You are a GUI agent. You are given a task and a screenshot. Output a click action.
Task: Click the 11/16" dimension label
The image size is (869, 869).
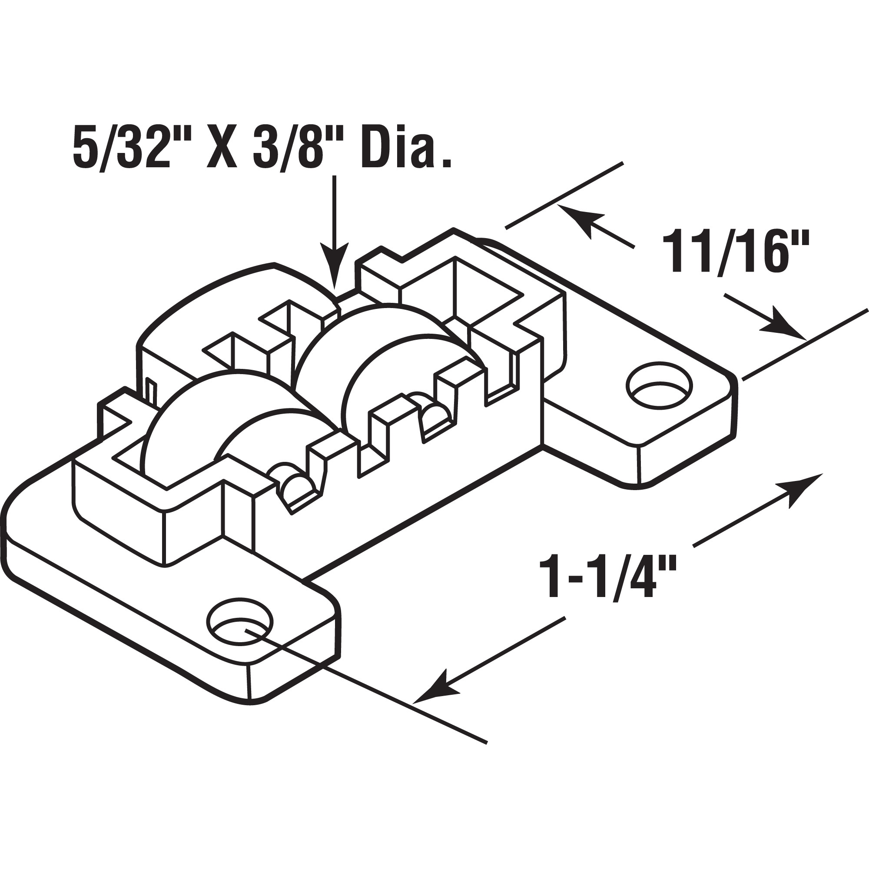click(735, 252)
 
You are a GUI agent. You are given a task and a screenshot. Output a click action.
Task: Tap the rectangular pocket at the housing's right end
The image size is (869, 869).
click(488, 288)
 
